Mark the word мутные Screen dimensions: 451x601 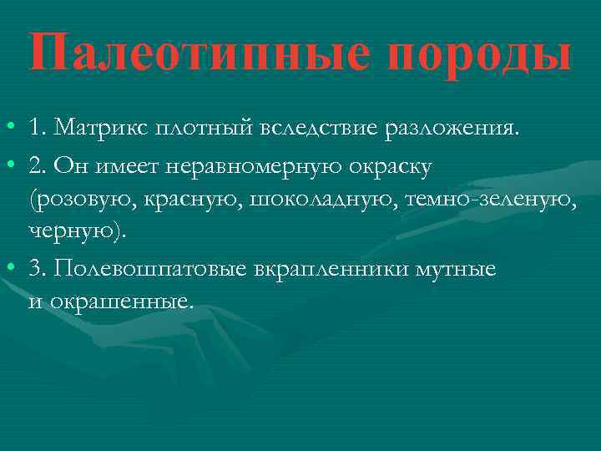(x=458, y=269)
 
